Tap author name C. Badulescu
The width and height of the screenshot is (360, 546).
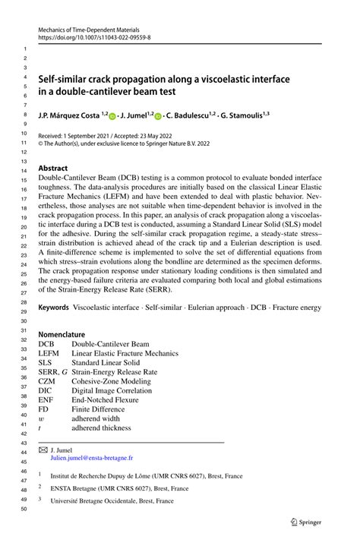coord(187,116)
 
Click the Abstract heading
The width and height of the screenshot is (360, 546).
coord(53,168)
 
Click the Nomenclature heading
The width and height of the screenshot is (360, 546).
coord(62,333)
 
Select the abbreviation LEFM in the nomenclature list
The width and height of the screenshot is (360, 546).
coord(49,353)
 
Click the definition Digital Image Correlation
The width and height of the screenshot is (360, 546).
coord(113,391)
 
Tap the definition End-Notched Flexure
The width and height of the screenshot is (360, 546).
coord(107,401)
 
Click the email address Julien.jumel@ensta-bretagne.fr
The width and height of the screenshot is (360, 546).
coord(91,458)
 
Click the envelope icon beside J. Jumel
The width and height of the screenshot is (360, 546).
coord(43,450)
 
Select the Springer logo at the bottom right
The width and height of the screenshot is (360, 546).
coord(307,522)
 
